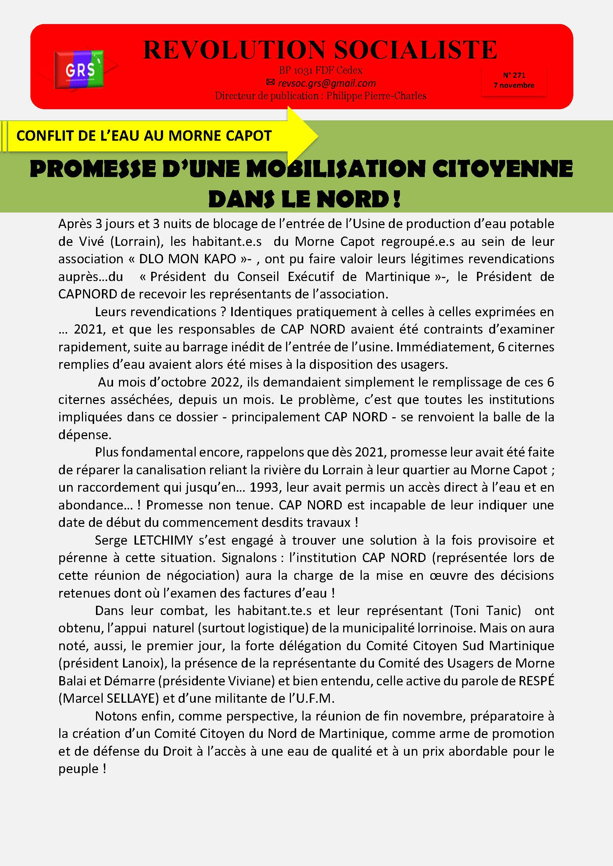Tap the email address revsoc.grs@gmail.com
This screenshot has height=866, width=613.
[x=327, y=83]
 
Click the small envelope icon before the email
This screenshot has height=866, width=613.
[x=271, y=82]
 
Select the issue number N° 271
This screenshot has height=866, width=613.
[x=514, y=75]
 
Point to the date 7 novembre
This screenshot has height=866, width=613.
[x=514, y=85]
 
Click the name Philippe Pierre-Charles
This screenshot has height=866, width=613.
[x=376, y=96]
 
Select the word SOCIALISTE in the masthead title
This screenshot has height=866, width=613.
[x=415, y=50]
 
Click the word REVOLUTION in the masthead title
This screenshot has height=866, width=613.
[x=234, y=50]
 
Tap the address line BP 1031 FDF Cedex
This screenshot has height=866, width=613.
[x=321, y=70]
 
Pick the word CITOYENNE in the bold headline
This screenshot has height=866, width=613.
[x=503, y=168]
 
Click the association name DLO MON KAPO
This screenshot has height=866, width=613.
[x=187, y=259]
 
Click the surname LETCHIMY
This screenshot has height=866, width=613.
[x=163, y=541]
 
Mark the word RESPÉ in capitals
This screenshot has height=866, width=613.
[x=536, y=681]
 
